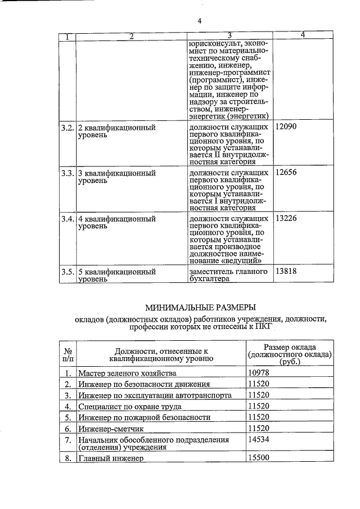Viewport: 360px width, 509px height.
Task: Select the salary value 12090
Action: tap(285, 127)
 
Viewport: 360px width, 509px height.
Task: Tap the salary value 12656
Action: tap(285, 173)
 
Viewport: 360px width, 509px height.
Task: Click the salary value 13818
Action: tap(285, 271)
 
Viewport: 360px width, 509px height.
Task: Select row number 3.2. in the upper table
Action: tap(67, 127)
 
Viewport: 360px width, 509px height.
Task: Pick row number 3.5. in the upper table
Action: tap(67, 271)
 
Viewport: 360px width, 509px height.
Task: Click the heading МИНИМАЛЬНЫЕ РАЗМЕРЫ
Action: tap(200, 307)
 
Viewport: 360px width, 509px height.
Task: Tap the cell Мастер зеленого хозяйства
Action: tap(127, 373)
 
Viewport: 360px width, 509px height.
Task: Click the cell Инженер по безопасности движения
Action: tap(144, 384)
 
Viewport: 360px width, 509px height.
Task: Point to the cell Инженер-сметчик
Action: tap(109, 429)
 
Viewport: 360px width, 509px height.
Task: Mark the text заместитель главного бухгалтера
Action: tap(228, 275)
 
